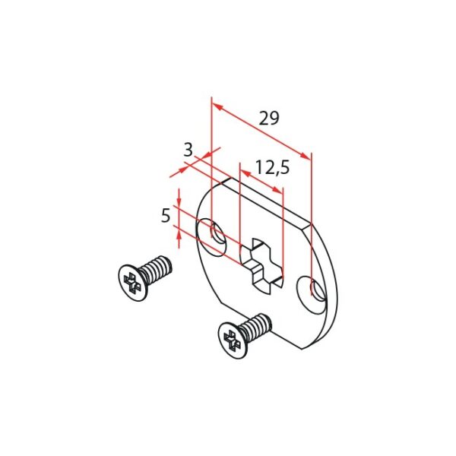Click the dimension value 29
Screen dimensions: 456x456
tap(269, 118)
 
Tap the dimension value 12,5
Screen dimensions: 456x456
tap(272, 167)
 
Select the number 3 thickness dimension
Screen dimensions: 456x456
tap(188, 150)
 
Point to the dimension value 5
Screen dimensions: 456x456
tap(165, 216)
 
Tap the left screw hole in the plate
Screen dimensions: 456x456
tap(213, 234)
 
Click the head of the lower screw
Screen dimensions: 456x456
tap(233, 337)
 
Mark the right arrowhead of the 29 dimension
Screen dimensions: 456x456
tap(307, 155)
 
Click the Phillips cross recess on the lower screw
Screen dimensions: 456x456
tap(233, 337)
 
